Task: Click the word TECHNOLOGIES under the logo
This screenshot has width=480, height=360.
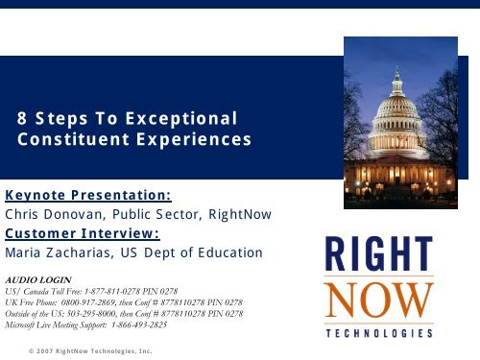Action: (x=378, y=332)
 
